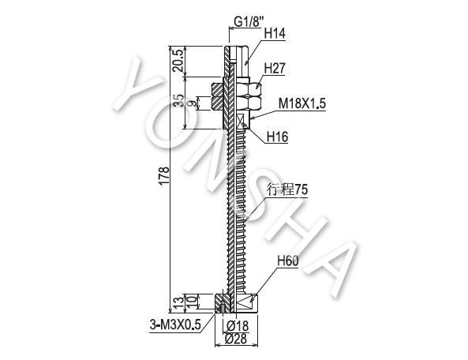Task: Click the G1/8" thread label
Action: (249, 22)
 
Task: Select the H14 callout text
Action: (275, 34)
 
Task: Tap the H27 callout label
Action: (275, 69)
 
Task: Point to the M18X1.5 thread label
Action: (302, 104)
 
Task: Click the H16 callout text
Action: (277, 137)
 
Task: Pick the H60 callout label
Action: (288, 261)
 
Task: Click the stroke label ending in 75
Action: (287, 189)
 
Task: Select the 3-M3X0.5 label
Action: (175, 325)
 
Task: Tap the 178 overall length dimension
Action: (164, 176)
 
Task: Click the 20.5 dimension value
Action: (179, 60)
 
